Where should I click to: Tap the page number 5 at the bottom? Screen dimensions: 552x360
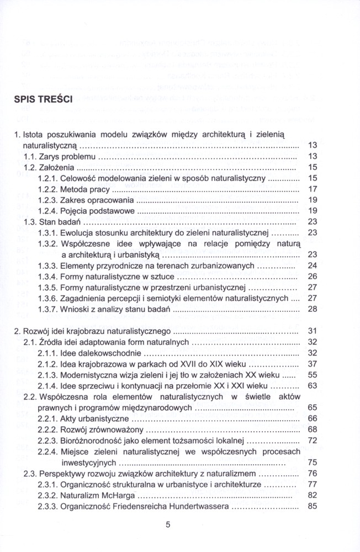[168, 525]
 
